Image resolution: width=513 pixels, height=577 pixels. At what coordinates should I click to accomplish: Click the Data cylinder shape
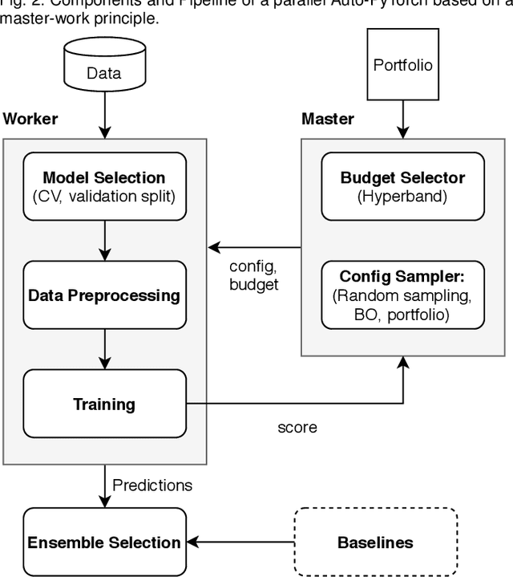[x=105, y=68]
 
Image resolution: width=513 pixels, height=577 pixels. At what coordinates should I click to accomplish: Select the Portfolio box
[x=402, y=63]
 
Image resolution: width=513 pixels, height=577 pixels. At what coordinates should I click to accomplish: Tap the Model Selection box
[x=104, y=185]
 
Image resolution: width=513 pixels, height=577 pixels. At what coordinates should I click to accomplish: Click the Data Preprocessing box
[x=104, y=295]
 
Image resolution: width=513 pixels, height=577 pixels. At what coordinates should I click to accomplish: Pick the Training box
[x=104, y=404]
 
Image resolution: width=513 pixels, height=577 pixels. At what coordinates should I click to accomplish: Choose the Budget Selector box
[x=402, y=185]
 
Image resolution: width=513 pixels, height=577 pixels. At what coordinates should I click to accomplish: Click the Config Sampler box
[x=402, y=295]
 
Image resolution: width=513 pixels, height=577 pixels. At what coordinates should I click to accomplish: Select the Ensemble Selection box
[x=104, y=542]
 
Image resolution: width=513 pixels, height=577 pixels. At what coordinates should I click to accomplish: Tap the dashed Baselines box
[x=375, y=542]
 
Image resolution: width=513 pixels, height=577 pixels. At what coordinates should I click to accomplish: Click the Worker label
[x=30, y=120]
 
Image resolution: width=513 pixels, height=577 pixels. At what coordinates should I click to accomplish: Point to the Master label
[x=327, y=120]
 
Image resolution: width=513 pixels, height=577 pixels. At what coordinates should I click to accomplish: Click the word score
[x=297, y=427]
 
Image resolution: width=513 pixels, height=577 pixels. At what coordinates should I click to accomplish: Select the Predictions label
[x=152, y=485]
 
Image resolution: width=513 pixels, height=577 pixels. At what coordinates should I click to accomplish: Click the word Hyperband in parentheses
[x=402, y=195]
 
